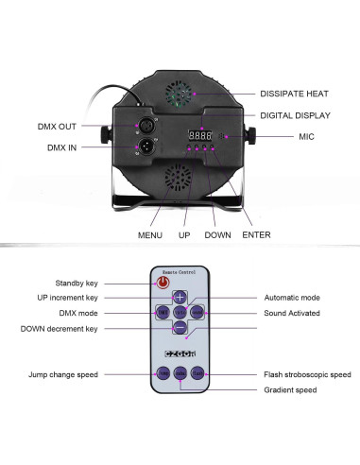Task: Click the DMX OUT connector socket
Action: tap(147, 126)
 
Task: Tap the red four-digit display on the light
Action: tap(199, 136)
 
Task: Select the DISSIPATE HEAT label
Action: tap(296, 94)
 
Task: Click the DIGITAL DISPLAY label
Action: tap(296, 115)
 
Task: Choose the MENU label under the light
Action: tap(149, 234)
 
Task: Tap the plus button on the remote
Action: tap(180, 297)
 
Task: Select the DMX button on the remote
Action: tap(163, 311)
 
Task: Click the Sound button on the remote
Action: tap(197, 311)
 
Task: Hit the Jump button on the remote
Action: tap(163, 374)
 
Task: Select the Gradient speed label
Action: tap(291, 389)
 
